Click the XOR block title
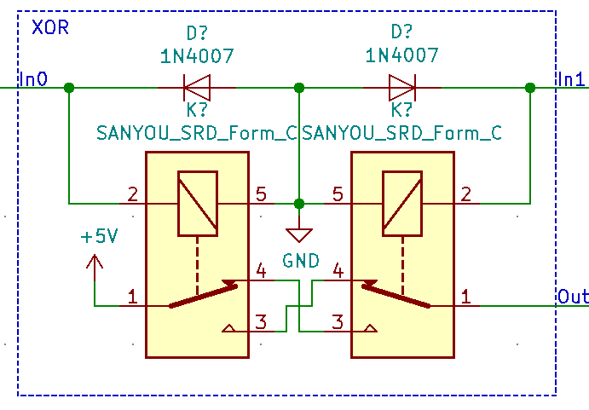[x=50, y=27]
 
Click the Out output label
[x=573, y=297]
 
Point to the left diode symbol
[x=197, y=87]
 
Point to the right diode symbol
[x=401, y=87]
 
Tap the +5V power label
[x=99, y=237]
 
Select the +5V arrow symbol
[x=95, y=262]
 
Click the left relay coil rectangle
[x=197, y=203]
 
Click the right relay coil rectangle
[x=401, y=203]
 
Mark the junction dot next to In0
[x=69, y=87]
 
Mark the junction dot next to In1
[x=530, y=87]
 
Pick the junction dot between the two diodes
[x=299, y=87]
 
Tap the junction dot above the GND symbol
[x=299, y=204]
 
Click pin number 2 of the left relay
[x=132, y=194]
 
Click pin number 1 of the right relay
[x=466, y=297]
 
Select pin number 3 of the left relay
[x=261, y=321]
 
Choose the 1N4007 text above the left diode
[x=197, y=56]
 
